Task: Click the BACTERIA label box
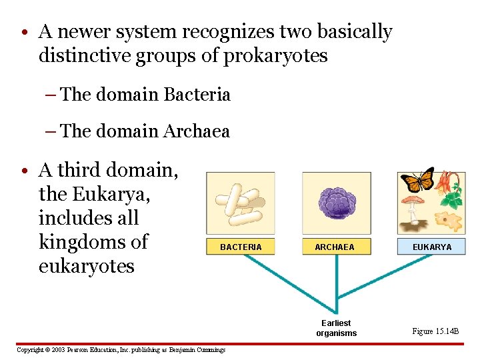tap(241, 247)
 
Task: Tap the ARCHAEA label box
tap(335, 247)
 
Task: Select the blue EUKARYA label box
tap(431, 247)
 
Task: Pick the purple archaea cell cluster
tap(336, 202)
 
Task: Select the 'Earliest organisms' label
tap(337, 328)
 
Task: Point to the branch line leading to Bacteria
tap(280, 279)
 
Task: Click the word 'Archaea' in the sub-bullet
tap(196, 131)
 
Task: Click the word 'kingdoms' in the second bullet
tap(93, 241)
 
